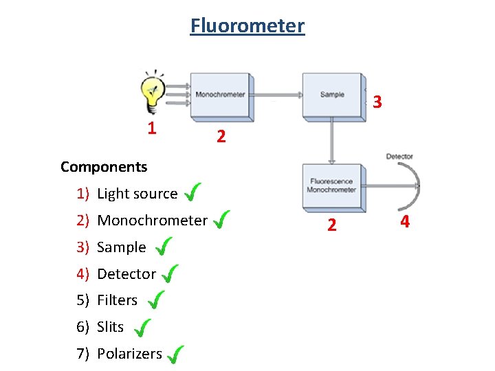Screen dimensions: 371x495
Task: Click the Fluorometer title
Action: [247, 26]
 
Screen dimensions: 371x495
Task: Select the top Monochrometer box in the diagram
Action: [220, 94]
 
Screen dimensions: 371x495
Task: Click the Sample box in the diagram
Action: [332, 94]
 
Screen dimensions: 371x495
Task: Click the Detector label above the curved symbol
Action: [399, 157]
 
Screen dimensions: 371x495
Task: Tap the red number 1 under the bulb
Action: [152, 128]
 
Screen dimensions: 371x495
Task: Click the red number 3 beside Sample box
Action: [377, 102]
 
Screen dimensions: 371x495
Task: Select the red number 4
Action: [405, 222]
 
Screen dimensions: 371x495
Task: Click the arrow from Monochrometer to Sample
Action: [278, 95]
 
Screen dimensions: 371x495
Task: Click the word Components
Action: [104, 167]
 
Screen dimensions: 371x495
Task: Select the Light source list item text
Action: [137, 194]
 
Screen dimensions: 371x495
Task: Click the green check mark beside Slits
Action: [142, 328]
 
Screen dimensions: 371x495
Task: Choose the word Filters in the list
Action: [118, 300]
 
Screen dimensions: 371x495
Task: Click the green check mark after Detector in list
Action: [170, 274]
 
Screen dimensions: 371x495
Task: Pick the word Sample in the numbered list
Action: [122, 247]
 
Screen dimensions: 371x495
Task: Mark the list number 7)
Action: [83, 354]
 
